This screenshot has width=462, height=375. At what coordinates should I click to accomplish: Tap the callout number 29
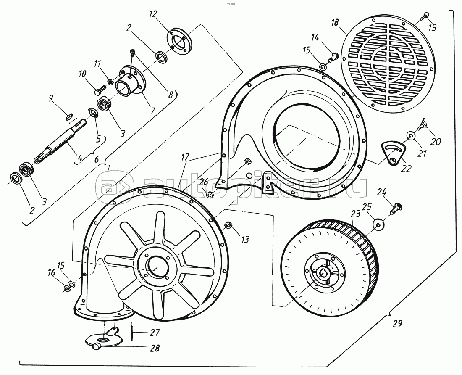[x=397, y=324]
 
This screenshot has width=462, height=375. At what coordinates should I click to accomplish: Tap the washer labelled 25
[x=378, y=224]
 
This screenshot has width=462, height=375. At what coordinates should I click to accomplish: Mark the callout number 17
[x=185, y=157]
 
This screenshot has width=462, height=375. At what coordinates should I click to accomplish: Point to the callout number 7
[x=153, y=111]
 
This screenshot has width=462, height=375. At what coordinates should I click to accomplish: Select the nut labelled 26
[x=210, y=195]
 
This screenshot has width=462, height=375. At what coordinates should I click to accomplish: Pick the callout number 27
[x=155, y=333]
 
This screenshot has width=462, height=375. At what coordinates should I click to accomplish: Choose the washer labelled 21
[x=410, y=136]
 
